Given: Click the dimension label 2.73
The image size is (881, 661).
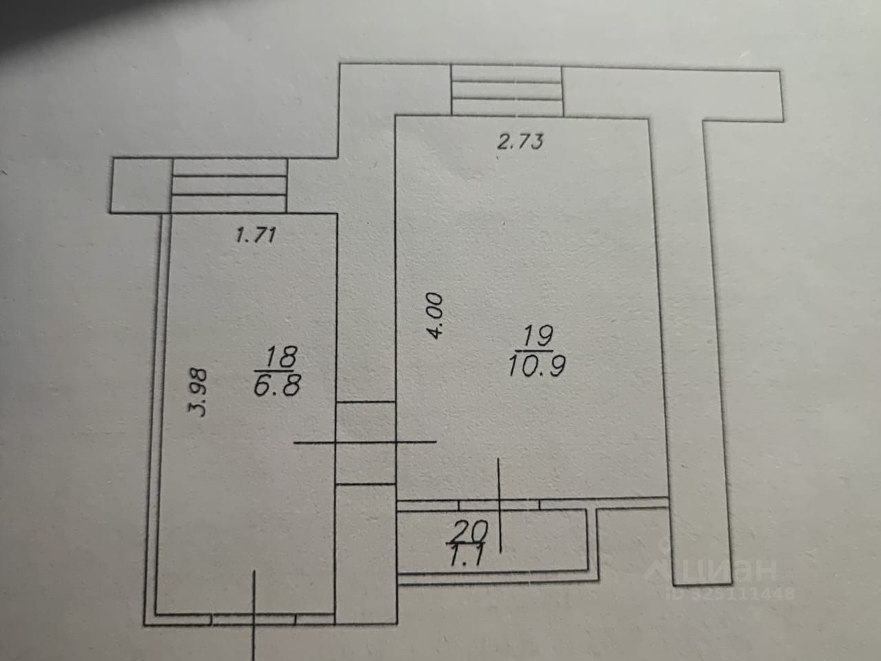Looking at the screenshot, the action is point(520,142).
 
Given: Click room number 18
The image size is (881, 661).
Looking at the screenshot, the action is point(282,357).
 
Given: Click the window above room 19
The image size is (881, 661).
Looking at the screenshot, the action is point(507,90).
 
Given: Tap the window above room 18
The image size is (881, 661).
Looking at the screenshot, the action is point(229,185).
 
